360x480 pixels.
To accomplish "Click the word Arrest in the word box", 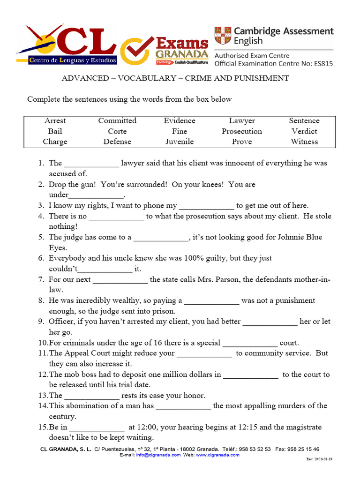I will click(x=55, y=121).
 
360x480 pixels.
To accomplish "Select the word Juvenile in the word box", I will click(x=180, y=142).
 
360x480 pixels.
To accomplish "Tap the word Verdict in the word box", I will click(x=304, y=131).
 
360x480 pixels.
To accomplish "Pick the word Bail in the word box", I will click(x=55, y=131).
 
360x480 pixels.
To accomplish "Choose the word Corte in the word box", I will click(x=117, y=131).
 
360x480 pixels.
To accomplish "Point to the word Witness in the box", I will click(x=304, y=142).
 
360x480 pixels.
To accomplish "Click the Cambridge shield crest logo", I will click(x=223, y=36).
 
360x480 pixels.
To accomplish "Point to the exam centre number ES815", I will click(x=322, y=63).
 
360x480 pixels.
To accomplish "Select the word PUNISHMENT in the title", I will click(x=261, y=78).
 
